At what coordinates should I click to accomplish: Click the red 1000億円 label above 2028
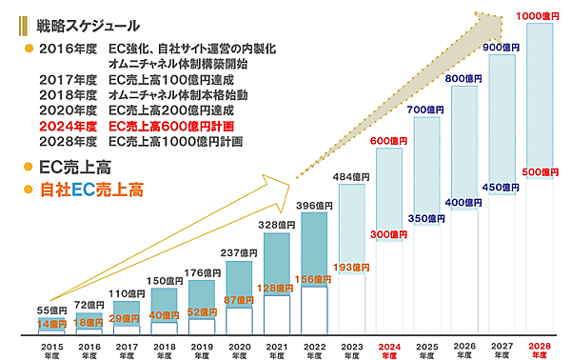coord(539,16)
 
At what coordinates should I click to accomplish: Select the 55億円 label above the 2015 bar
coord(52,311)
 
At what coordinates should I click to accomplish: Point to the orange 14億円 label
coord(52,325)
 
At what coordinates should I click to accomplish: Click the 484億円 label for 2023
coord(350,177)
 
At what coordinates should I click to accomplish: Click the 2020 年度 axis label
coord(238,349)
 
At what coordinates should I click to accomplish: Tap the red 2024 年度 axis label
coord(388,349)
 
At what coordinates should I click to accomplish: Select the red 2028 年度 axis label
coord(539,349)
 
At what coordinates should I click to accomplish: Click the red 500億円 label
coord(539,172)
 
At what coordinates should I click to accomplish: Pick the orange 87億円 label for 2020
coord(238,300)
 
